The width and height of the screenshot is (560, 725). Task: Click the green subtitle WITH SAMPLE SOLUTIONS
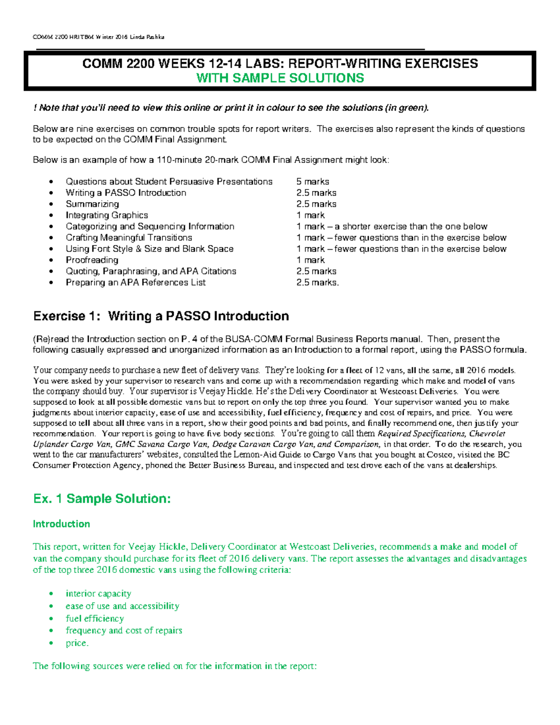click(280, 78)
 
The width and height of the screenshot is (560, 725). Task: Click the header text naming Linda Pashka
click(148, 37)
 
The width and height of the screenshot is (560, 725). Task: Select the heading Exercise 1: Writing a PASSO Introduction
click(161, 316)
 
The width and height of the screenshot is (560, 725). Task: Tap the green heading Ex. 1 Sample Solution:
click(102, 499)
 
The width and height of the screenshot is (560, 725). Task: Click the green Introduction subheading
click(61, 524)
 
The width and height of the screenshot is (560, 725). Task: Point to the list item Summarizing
click(92, 204)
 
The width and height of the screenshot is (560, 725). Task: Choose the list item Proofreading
click(92, 260)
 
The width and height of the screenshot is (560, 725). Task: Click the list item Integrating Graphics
click(106, 215)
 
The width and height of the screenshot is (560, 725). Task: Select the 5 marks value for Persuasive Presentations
click(312, 182)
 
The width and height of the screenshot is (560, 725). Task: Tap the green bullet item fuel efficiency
click(95, 618)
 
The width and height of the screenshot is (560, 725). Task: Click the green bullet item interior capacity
click(98, 593)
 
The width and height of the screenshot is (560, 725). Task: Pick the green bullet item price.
click(77, 643)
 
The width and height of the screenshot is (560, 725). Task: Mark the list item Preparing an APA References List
click(135, 282)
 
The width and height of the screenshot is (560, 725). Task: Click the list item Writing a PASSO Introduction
click(126, 193)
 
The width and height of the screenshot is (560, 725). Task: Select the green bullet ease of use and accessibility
click(122, 606)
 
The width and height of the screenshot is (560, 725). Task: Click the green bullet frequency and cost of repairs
click(124, 630)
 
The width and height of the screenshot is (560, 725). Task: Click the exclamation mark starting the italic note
click(35, 108)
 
